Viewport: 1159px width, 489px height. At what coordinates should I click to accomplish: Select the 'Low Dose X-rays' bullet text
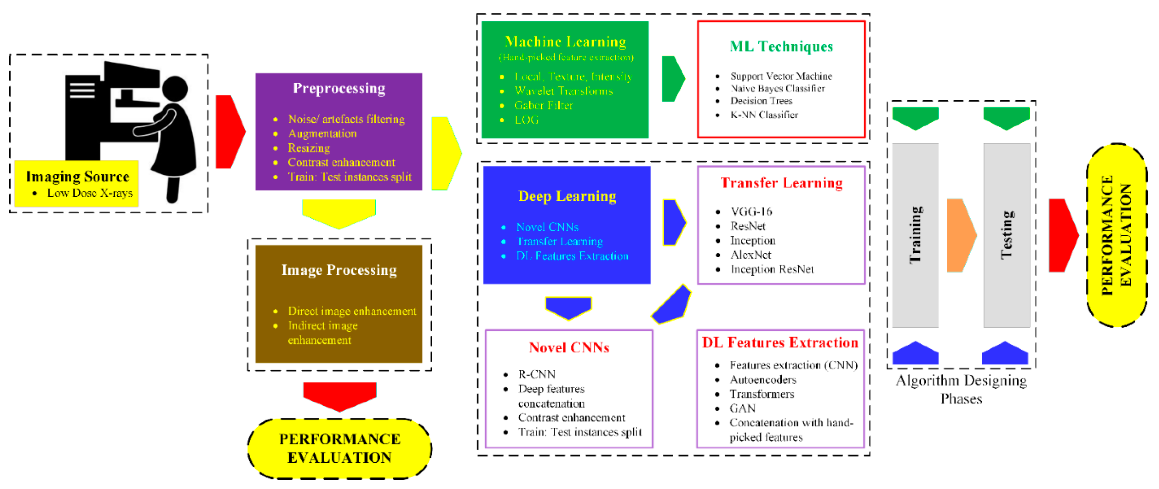90,193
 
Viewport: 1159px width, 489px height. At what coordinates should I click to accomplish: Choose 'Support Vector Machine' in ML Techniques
781,76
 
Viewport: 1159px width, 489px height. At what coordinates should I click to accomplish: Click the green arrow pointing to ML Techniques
673,79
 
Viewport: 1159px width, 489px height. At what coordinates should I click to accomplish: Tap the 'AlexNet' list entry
750,255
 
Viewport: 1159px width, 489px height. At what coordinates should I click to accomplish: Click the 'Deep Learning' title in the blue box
567,197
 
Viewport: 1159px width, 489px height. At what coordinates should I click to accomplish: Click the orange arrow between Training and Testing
961,235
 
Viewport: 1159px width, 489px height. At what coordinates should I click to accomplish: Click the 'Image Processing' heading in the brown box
339,270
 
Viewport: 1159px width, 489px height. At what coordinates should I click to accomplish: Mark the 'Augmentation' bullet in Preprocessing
322,134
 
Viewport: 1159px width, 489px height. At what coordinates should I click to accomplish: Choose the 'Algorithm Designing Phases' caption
961,390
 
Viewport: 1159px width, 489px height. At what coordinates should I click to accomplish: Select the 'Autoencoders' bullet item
763,380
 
